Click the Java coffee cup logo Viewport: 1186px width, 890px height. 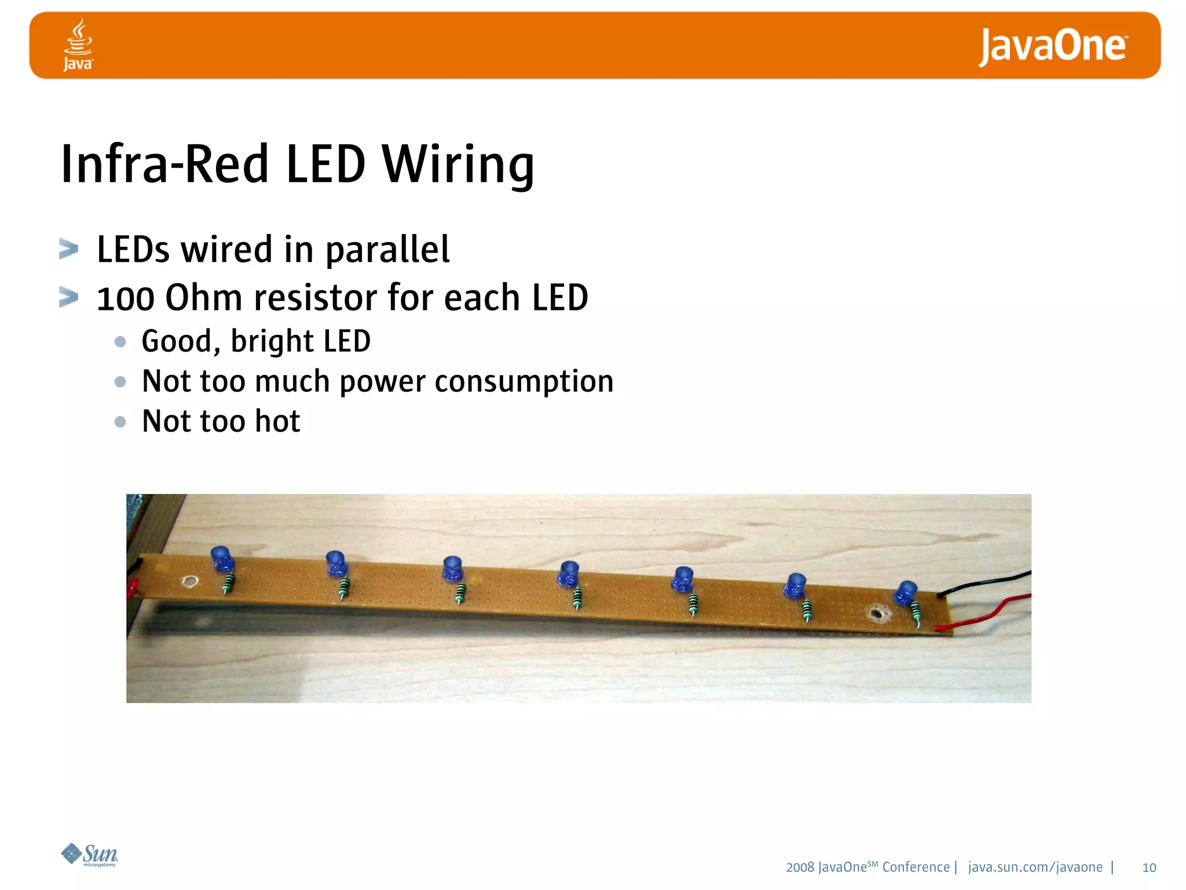[78, 45]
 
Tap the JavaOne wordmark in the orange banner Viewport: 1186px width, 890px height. [1053, 46]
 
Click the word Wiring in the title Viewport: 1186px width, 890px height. [457, 165]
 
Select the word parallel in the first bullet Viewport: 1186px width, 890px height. [387, 250]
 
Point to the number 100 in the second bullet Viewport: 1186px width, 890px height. [126, 298]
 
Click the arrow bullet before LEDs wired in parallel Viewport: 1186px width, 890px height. [69, 249]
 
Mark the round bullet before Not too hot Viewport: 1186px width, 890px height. [120, 421]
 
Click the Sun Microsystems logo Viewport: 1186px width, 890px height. [90, 855]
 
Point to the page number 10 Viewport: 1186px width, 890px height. [1149, 867]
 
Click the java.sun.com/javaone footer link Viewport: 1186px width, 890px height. [1035, 867]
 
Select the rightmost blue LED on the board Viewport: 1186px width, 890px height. [905, 593]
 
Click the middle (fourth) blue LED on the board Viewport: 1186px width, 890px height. [569, 573]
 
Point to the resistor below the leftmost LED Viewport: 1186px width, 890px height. [229, 583]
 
